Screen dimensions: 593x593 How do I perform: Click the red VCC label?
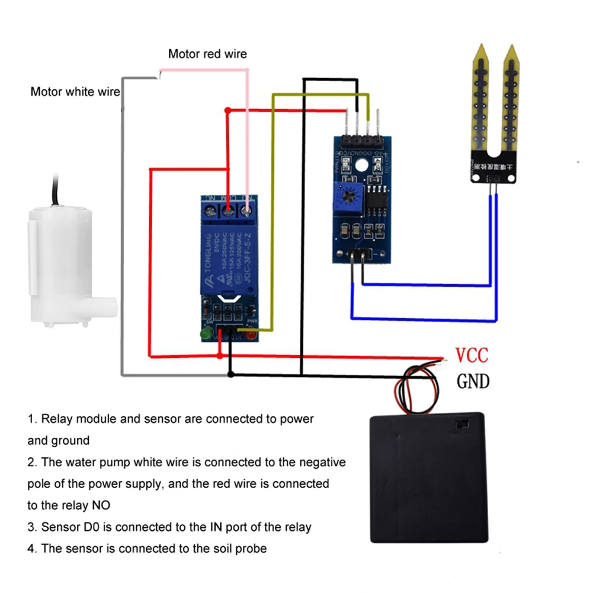(472, 355)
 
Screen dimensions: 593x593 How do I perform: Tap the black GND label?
(473, 381)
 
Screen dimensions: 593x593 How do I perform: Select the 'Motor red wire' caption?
(207, 54)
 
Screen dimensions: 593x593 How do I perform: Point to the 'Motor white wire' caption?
(75, 92)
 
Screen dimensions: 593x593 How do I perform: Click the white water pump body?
(60, 267)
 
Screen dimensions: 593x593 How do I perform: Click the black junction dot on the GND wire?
(231, 374)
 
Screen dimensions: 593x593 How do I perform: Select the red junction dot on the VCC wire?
(220, 356)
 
